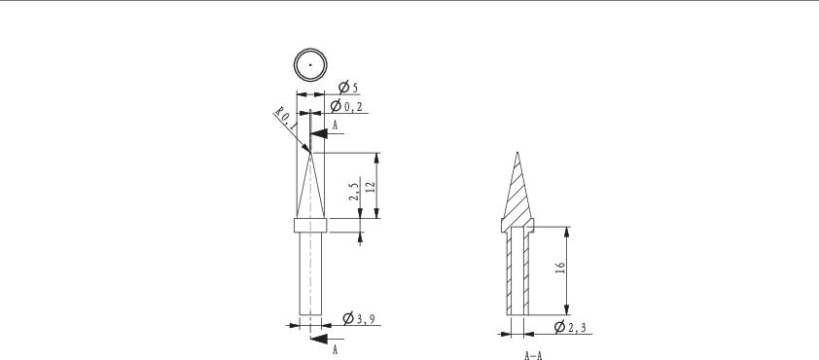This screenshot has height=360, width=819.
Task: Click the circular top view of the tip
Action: (x=310, y=64)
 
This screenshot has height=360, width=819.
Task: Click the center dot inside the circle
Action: (x=310, y=64)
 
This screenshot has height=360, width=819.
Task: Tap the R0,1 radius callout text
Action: (x=285, y=121)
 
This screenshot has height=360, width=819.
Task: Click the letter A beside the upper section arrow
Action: (x=335, y=126)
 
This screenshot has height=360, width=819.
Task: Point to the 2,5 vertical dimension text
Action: (x=355, y=190)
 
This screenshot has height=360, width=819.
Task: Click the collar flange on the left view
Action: (x=310, y=226)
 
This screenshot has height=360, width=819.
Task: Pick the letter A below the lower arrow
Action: (x=335, y=348)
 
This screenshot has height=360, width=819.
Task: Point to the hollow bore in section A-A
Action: (x=517, y=272)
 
